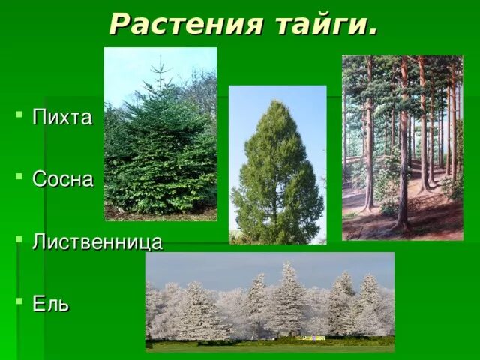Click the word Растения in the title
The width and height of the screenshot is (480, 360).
pos(187,24)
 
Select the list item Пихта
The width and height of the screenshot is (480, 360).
pos(62,118)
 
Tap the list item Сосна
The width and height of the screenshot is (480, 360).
pos(64,180)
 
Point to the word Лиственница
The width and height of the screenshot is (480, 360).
pos(97,242)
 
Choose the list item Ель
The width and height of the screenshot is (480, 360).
pos(51,304)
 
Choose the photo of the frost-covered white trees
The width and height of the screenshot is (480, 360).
pos(270,300)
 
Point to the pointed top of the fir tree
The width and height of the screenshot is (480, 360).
pos(158,64)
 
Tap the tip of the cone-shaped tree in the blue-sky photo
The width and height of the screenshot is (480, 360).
pos(277,102)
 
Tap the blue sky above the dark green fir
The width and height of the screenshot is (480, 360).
pos(127,64)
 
